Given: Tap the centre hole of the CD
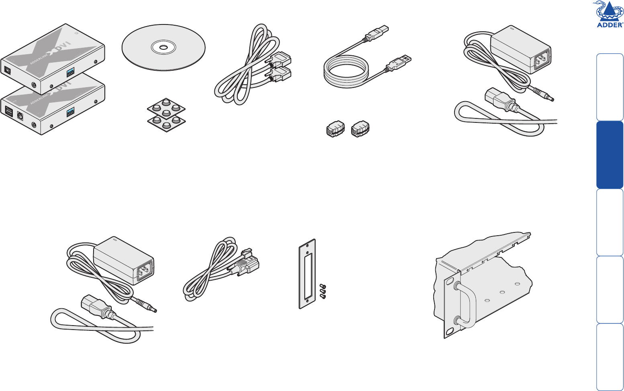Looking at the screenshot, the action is click(x=163, y=47).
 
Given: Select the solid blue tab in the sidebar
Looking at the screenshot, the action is click(x=610, y=155).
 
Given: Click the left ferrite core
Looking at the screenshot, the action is click(x=335, y=129).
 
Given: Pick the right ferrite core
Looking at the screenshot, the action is click(x=360, y=129).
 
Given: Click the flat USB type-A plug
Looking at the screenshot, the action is click(x=401, y=62).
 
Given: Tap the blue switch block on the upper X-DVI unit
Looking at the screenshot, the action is click(x=70, y=72).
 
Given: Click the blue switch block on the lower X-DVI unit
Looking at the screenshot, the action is click(x=70, y=111).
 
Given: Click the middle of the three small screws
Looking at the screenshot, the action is click(x=322, y=291).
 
